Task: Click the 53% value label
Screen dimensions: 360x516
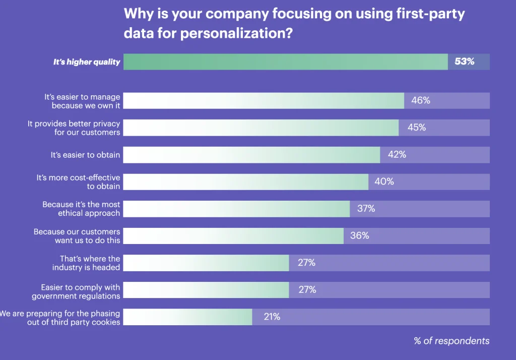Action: [464, 62]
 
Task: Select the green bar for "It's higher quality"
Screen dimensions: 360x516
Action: [285, 62]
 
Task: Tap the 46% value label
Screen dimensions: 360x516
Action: [420, 100]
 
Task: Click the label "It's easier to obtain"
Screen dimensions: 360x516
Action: [85, 155]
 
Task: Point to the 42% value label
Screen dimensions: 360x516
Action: [397, 155]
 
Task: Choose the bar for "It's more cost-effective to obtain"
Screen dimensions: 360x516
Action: [245, 182]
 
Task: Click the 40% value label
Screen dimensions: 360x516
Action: [384, 182]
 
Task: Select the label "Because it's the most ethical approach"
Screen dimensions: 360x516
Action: [81, 209]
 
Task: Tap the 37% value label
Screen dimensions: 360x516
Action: [366, 209]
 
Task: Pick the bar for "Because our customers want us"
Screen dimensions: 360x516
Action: [233, 236]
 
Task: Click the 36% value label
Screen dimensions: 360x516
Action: [359, 235]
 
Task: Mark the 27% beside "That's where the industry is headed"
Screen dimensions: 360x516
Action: [306, 263]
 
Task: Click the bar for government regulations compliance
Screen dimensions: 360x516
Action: [206, 290]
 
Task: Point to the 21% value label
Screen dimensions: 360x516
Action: [272, 317]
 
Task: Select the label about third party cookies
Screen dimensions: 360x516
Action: [60, 318]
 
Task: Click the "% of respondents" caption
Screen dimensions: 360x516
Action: [451, 341]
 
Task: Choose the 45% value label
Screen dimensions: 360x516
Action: [416, 128]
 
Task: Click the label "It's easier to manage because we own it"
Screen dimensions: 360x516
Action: [82, 100]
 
